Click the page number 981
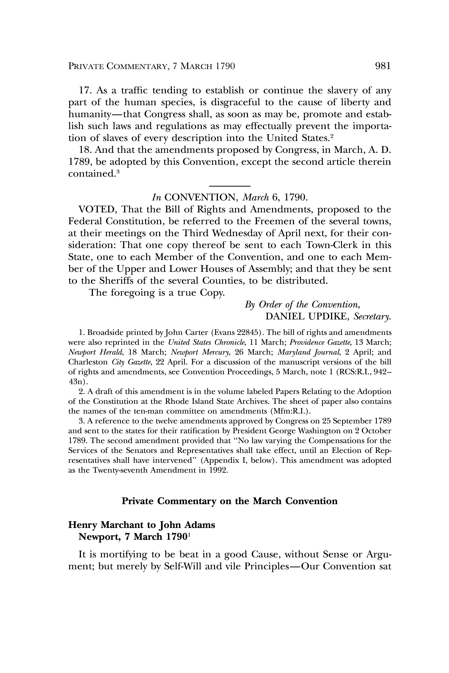pos(382,66)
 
